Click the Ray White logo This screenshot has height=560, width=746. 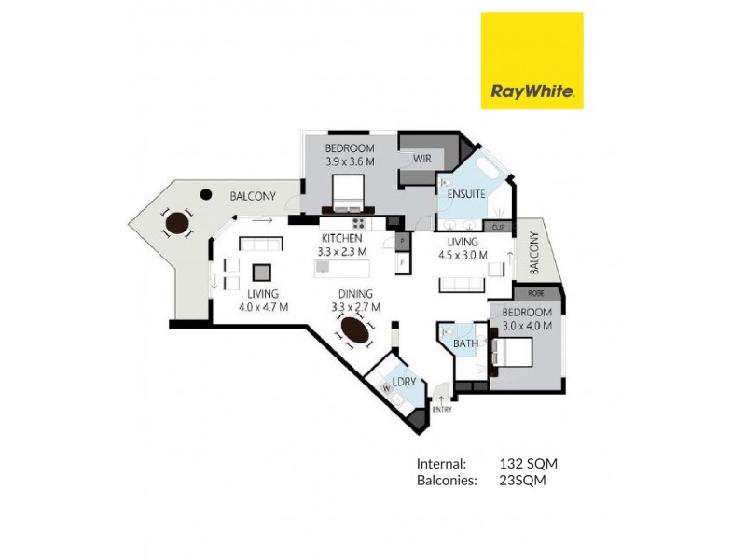click(532, 61)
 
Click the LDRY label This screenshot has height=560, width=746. click(404, 383)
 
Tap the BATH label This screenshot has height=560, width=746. click(466, 343)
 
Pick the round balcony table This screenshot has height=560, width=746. click(175, 224)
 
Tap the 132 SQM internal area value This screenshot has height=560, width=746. click(529, 463)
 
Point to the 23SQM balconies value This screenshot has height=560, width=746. click(523, 481)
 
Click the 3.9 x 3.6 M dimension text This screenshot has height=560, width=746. click(350, 161)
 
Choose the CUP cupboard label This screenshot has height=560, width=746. click(498, 227)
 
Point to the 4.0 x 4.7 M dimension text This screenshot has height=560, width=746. click(263, 306)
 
